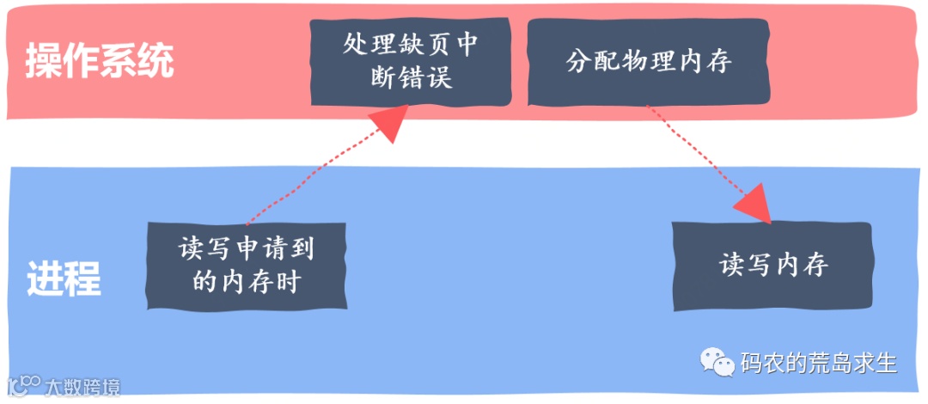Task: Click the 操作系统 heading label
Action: coord(99,61)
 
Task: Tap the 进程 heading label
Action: coord(64,278)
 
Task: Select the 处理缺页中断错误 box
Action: coord(410,61)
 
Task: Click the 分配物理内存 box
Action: coord(648,61)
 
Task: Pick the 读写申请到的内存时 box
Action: coord(246,265)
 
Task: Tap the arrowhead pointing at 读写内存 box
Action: coord(755,203)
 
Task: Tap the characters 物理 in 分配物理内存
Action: coord(648,61)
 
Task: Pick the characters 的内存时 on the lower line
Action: coord(246,281)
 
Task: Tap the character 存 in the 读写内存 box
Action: coord(813,266)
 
